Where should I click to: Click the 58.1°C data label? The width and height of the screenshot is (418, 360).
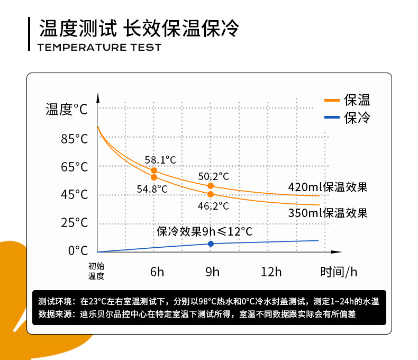pyautogui.click(x=160, y=159)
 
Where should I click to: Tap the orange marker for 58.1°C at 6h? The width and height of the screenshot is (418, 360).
pyautogui.click(x=154, y=170)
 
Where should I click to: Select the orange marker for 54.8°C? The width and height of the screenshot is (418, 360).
pyautogui.click(x=154, y=177)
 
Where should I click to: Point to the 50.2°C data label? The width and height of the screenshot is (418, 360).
pyautogui.click(x=214, y=176)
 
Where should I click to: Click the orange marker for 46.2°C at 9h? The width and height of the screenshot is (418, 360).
pyautogui.click(x=211, y=194)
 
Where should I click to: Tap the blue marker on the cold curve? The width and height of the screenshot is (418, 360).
pyautogui.click(x=211, y=244)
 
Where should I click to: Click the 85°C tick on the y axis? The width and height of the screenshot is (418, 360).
pyautogui.click(x=74, y=139)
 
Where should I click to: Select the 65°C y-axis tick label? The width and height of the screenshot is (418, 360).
pyautogui.click(x=74, y=167)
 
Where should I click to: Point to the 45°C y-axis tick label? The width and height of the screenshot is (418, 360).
pyautogui.click(x=74, y=195)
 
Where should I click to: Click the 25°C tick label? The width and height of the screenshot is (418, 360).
pyautogui.click(x=74, y=223)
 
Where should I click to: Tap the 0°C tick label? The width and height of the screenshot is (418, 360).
pyautogui.click(x=77, y=250)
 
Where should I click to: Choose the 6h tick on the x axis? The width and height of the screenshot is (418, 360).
pyautogui.click(x=157, y=272)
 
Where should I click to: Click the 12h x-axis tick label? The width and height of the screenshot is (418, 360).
pyautogui.click(x=271, y=272)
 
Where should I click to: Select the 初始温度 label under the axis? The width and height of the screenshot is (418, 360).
pyautogui.click(x=96, y=271)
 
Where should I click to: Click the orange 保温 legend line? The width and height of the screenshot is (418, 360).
pyautogui.click(x=331, y=100)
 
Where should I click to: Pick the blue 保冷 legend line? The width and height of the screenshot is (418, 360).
pyautogui.click(x=331, y=117)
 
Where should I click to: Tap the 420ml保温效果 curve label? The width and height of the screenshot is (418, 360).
pyautogui.click(x=328, y=187)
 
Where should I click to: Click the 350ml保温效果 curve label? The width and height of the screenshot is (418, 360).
pyautogui.click(x=328, y=213)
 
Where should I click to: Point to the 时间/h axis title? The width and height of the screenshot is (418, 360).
pyautogui.click(x=339, y=272)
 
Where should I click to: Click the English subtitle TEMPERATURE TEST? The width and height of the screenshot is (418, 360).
pyautogui.click(x=99, y=48)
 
